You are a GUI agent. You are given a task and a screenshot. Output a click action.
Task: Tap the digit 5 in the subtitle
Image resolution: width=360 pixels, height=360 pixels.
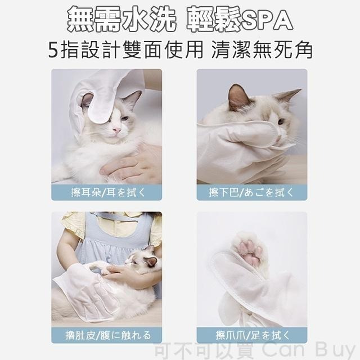point(53,51)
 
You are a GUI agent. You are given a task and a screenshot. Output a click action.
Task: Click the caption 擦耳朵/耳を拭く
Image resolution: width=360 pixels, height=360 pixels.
point(106,192)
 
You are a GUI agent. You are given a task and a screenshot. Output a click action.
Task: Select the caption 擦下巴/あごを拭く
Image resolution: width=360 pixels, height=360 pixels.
point(251,192)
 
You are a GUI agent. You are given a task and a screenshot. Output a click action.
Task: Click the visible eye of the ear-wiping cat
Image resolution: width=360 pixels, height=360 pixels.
point(124,119)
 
